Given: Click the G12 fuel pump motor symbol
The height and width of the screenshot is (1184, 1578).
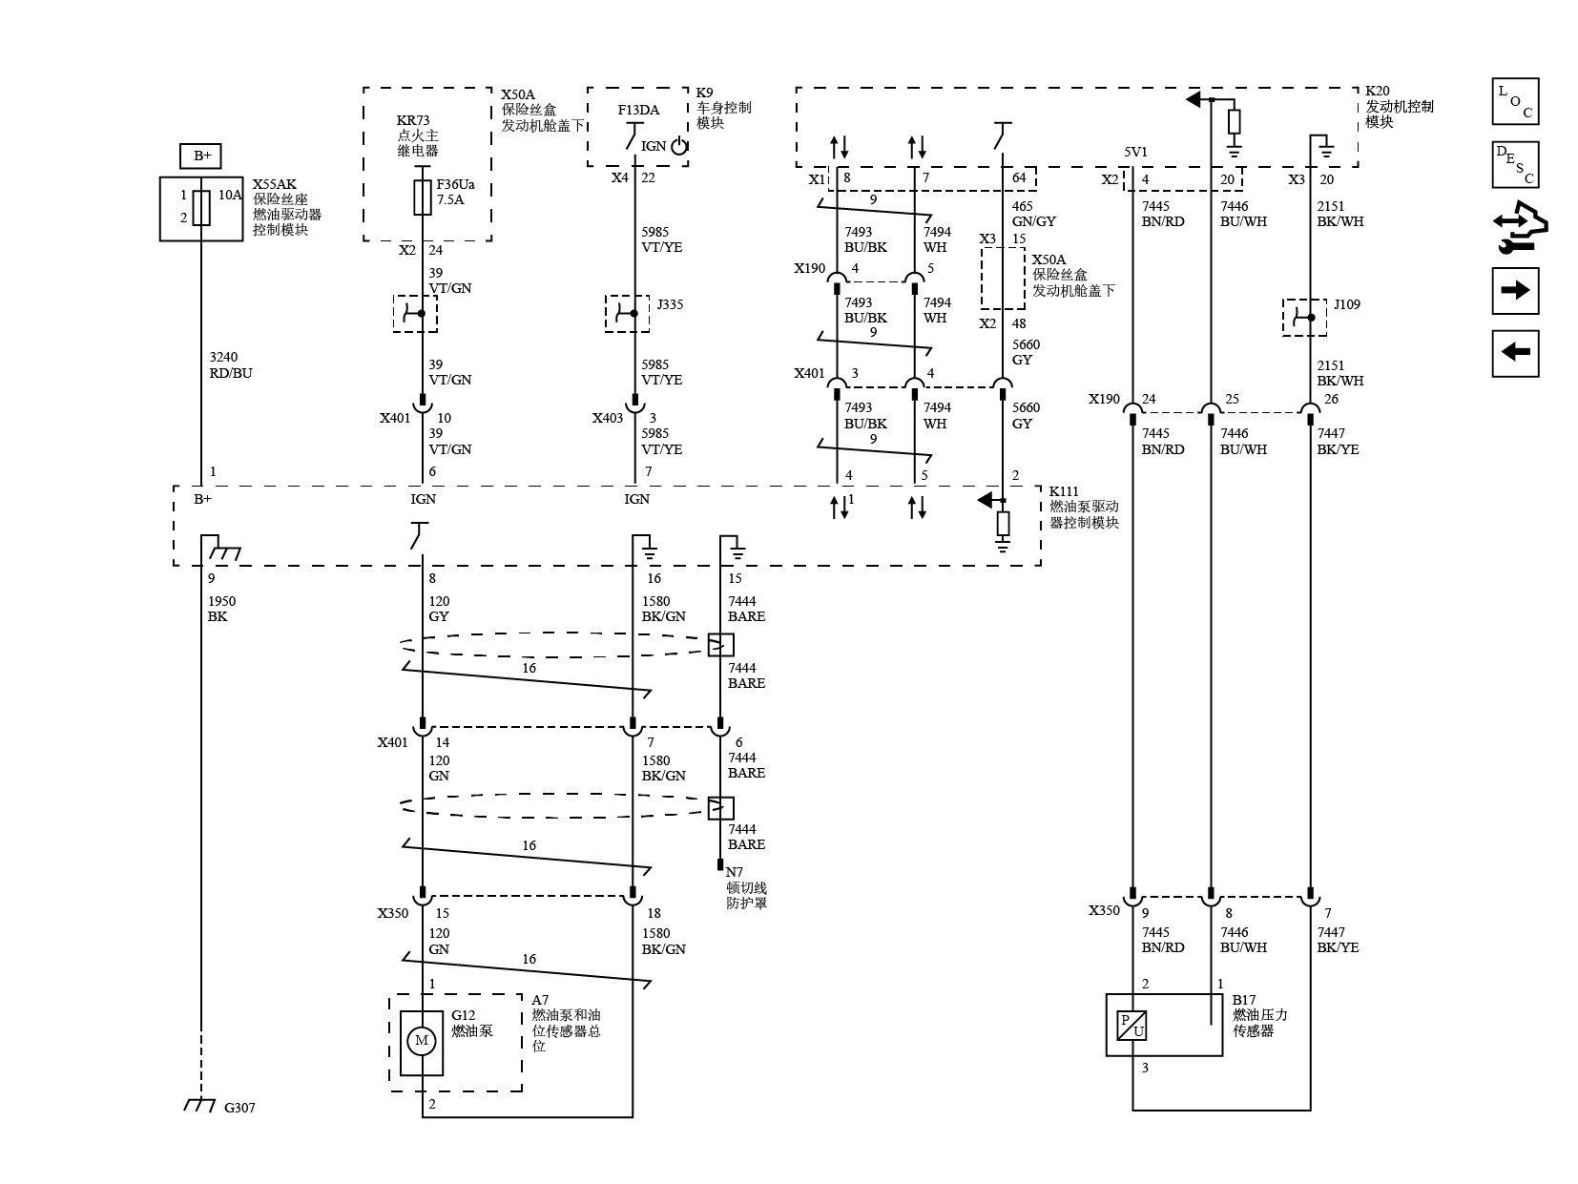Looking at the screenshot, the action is (x=422, y=1040).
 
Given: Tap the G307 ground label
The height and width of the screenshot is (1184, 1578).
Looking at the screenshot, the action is (x=239, y=1108).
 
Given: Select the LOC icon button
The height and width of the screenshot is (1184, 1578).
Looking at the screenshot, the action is (x=1515, y=101).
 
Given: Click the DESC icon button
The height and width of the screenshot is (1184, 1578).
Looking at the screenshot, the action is (x=1515, y=165).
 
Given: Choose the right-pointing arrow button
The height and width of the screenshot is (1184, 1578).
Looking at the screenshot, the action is (x=1515, y=290).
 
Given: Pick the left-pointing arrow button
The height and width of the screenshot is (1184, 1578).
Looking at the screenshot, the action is (x=1515, y=353).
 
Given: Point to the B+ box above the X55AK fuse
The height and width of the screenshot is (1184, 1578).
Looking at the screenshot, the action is (x=200, y=156).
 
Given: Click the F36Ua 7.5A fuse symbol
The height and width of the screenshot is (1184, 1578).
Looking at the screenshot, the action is (x=422, y=197).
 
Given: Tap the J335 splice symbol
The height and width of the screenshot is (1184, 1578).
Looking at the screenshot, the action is (x=627, y=314).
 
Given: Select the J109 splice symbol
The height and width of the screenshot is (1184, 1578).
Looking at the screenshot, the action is (x=1304, y=317).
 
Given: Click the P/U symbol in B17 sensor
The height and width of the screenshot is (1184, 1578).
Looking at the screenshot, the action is (x=1132, y=1025).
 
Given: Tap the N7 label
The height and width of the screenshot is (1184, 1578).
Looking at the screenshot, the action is (x=734, y=872).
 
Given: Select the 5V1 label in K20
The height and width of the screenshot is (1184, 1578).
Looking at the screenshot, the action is (x=1135, y=152).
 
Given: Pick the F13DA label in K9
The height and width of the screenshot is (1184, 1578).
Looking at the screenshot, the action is (x=638, y=110).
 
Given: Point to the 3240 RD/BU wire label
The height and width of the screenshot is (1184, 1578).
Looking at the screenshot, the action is (x=231, y=365).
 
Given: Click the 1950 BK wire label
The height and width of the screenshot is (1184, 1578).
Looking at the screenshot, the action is (x=221, y=609).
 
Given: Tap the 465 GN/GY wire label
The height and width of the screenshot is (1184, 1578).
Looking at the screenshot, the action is (x=1034, y=214).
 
